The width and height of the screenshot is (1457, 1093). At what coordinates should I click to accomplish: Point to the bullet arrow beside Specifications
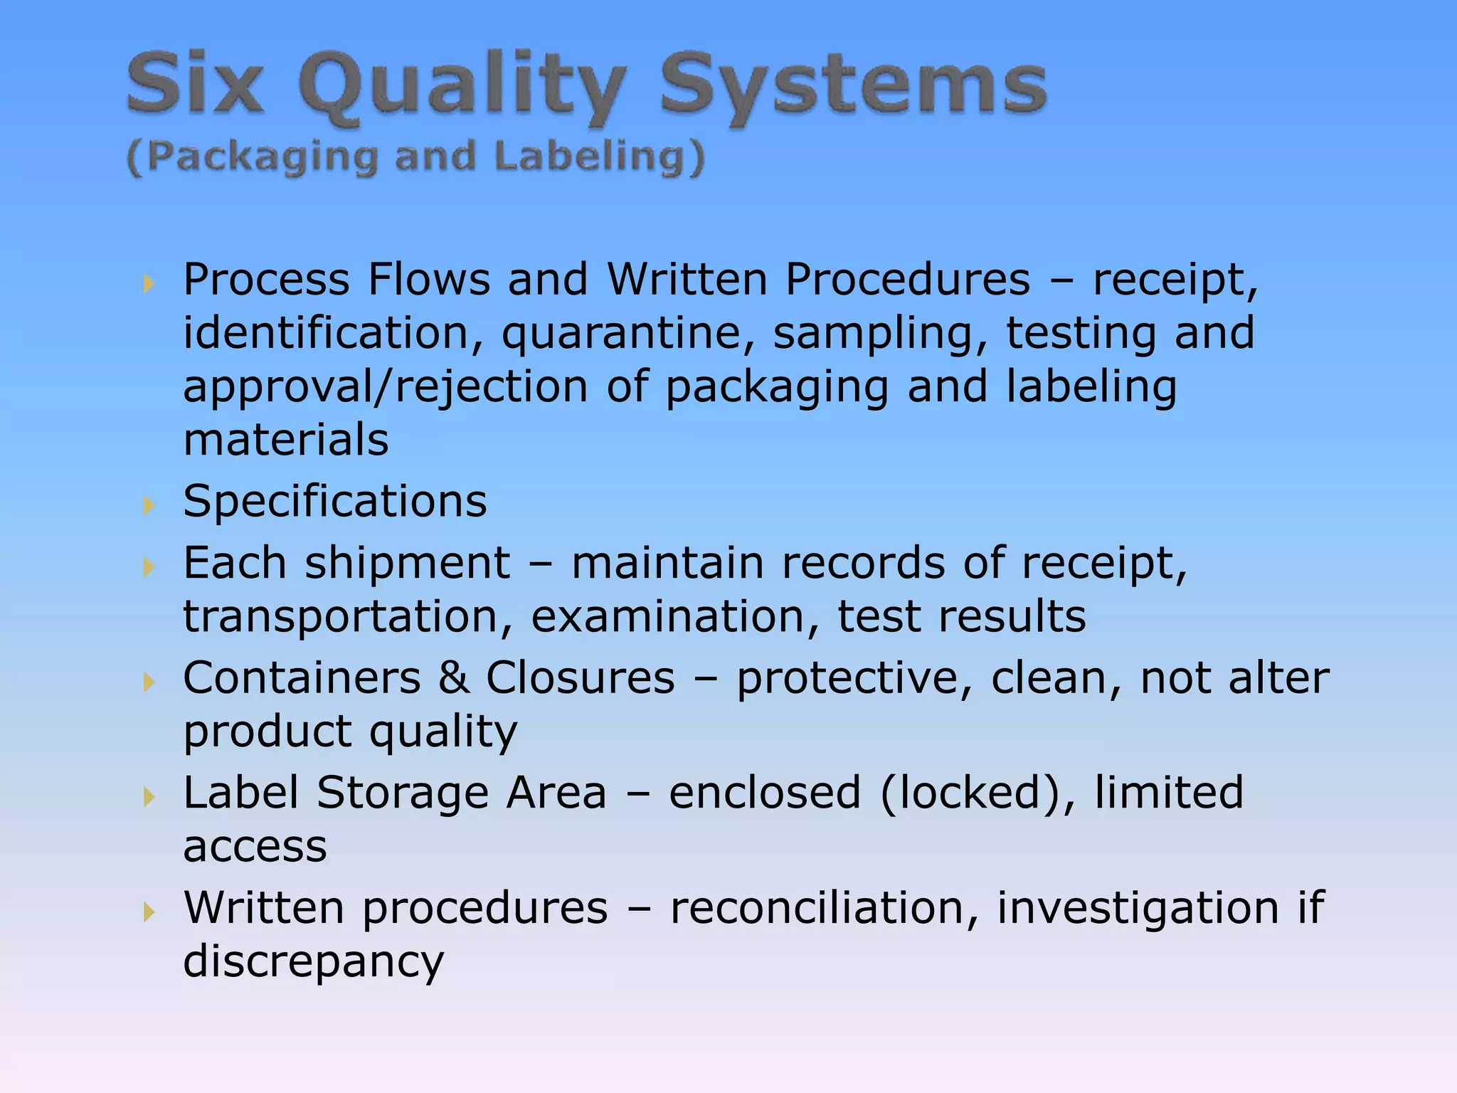(x=148, y=505)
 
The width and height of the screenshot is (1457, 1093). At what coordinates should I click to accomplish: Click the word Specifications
(x=335, y=501)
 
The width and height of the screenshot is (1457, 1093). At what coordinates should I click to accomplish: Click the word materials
(x=286, y=439)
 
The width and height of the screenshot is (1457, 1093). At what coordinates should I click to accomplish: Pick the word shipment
(x=408, y=563)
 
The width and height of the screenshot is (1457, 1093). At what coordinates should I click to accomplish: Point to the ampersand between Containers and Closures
(x=453, y=677)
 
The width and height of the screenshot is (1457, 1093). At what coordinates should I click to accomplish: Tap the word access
(x=255, y=847)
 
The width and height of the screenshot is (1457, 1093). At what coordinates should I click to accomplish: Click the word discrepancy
(x=313, y=962)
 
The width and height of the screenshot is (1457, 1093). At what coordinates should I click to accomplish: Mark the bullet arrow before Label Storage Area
(x=148, y=796)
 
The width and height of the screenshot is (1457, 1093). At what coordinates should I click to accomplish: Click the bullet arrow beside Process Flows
(x=148, y=284)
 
